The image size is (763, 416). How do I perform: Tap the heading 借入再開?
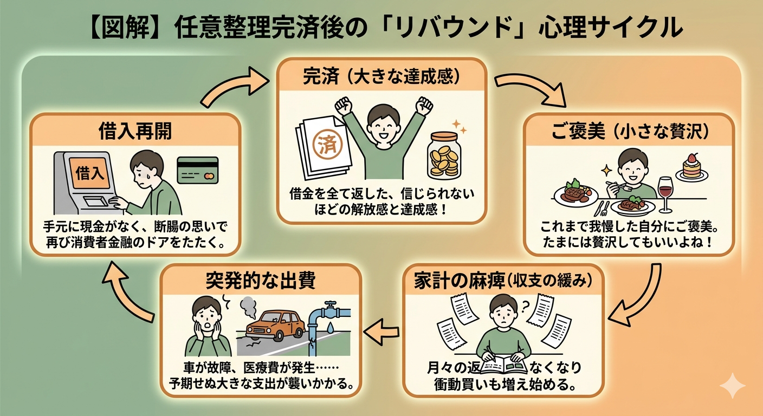(135, 132)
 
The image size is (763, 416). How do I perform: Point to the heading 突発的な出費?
(261, 282)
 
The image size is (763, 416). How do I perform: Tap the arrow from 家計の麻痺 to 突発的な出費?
(382, 328)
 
